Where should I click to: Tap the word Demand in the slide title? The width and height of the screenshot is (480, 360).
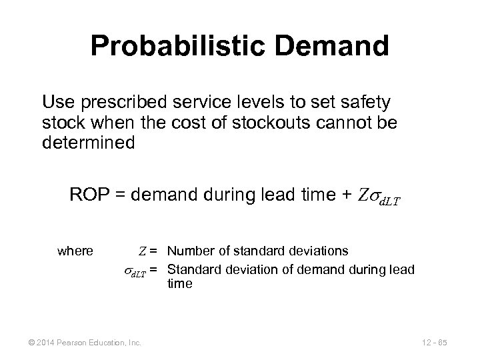coord(334,47)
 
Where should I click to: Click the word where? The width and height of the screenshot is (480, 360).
coord(76,251)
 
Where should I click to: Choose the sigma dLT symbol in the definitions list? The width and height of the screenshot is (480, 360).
coord(136,270)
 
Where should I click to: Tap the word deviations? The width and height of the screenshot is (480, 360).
coord(318,251)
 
